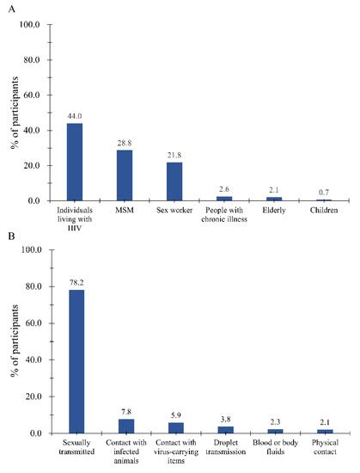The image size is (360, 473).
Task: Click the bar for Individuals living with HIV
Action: click(x=76, y=162)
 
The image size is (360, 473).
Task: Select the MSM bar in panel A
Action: click(x=125, y=175)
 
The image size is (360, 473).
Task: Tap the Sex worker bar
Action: click(x=175, y=181)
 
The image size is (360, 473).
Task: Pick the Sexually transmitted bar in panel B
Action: click(x=76, y=361)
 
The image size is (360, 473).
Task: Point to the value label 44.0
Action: click(x=76, y=117)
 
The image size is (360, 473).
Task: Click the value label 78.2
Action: click(x=76, y=283)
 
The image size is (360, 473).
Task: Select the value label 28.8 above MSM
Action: click(x=125, y=144)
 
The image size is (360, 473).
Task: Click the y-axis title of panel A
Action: click(x=12, y=113)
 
